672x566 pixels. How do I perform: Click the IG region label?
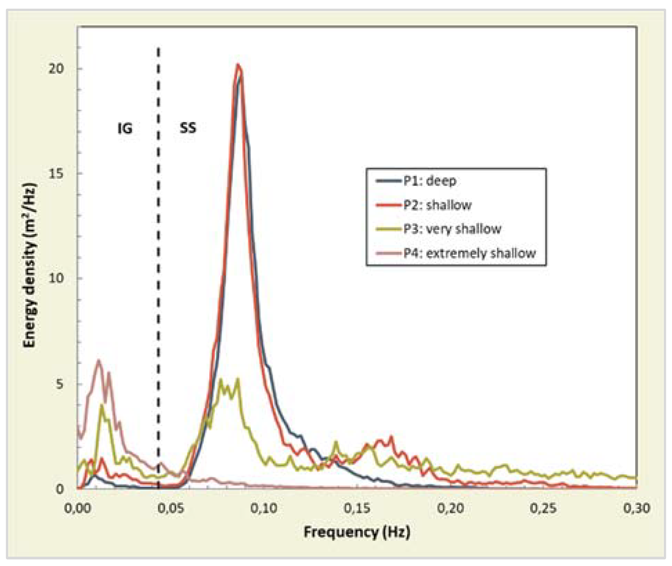(125, 129)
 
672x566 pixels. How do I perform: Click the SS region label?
(188, 128)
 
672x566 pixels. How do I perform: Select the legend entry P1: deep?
(430, 181)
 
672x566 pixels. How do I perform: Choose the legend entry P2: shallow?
(437, 205)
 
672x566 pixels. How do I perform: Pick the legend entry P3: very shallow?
(452, 229)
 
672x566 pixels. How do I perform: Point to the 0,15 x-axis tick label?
(357, 508)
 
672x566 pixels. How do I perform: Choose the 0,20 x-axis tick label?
(450, 508)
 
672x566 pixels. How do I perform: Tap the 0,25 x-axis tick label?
(543, 508)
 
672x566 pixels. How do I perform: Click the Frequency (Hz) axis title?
(357, 532)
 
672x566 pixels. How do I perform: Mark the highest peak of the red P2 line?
(238, 65)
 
